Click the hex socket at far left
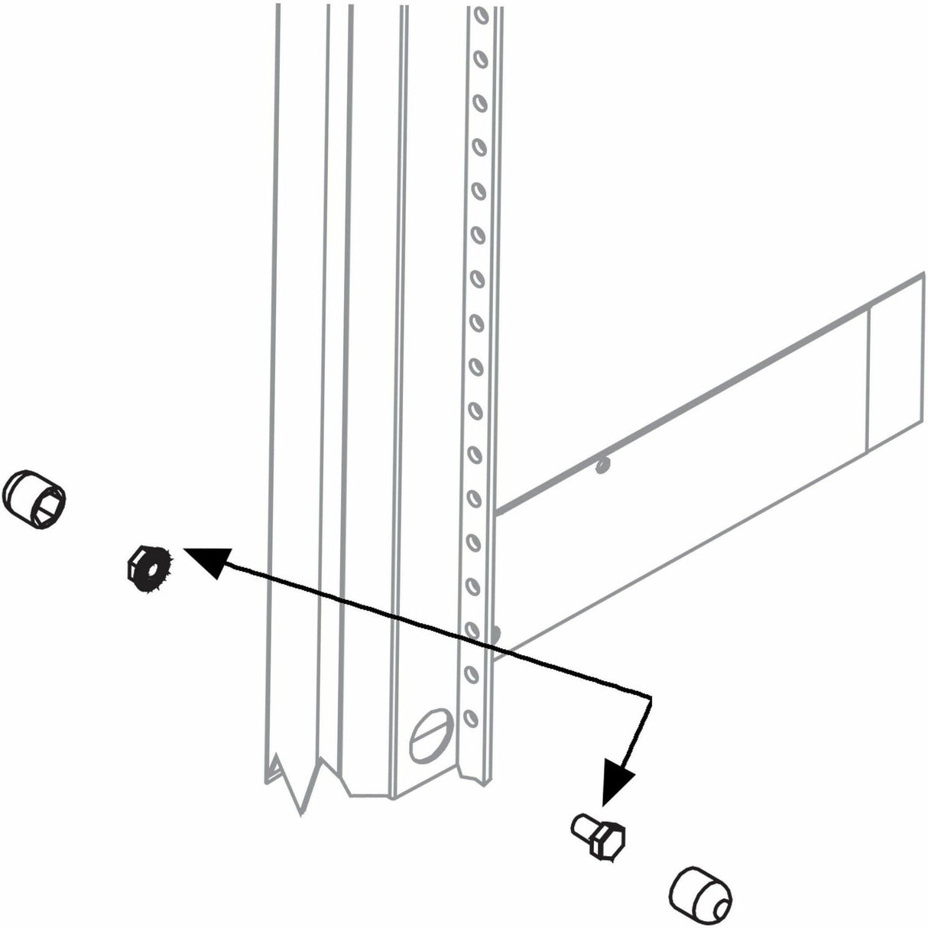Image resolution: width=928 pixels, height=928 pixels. pos(35,498)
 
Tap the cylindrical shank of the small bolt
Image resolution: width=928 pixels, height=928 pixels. pos(585,826)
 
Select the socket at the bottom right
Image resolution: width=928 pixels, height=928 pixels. pos(699,889)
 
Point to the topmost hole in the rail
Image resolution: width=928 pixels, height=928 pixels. pos(479,15)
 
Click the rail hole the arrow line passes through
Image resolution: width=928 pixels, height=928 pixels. pos(472,631)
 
